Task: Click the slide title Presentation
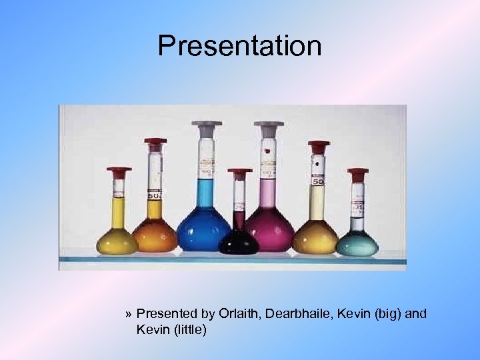(x=239, y=46)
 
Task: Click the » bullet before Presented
(x=129, y=313)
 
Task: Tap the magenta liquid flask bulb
(x=269, y=229)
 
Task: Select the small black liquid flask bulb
(x=239, y=241)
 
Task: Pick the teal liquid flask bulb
(x=357, y=243)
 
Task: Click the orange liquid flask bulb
(x=155, y=235)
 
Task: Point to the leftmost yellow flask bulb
(x=117, y=240)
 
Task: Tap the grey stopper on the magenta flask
(x=272, y=125)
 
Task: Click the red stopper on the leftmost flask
(x=119, y=171)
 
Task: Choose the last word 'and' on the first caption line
(x=416, y=313)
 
